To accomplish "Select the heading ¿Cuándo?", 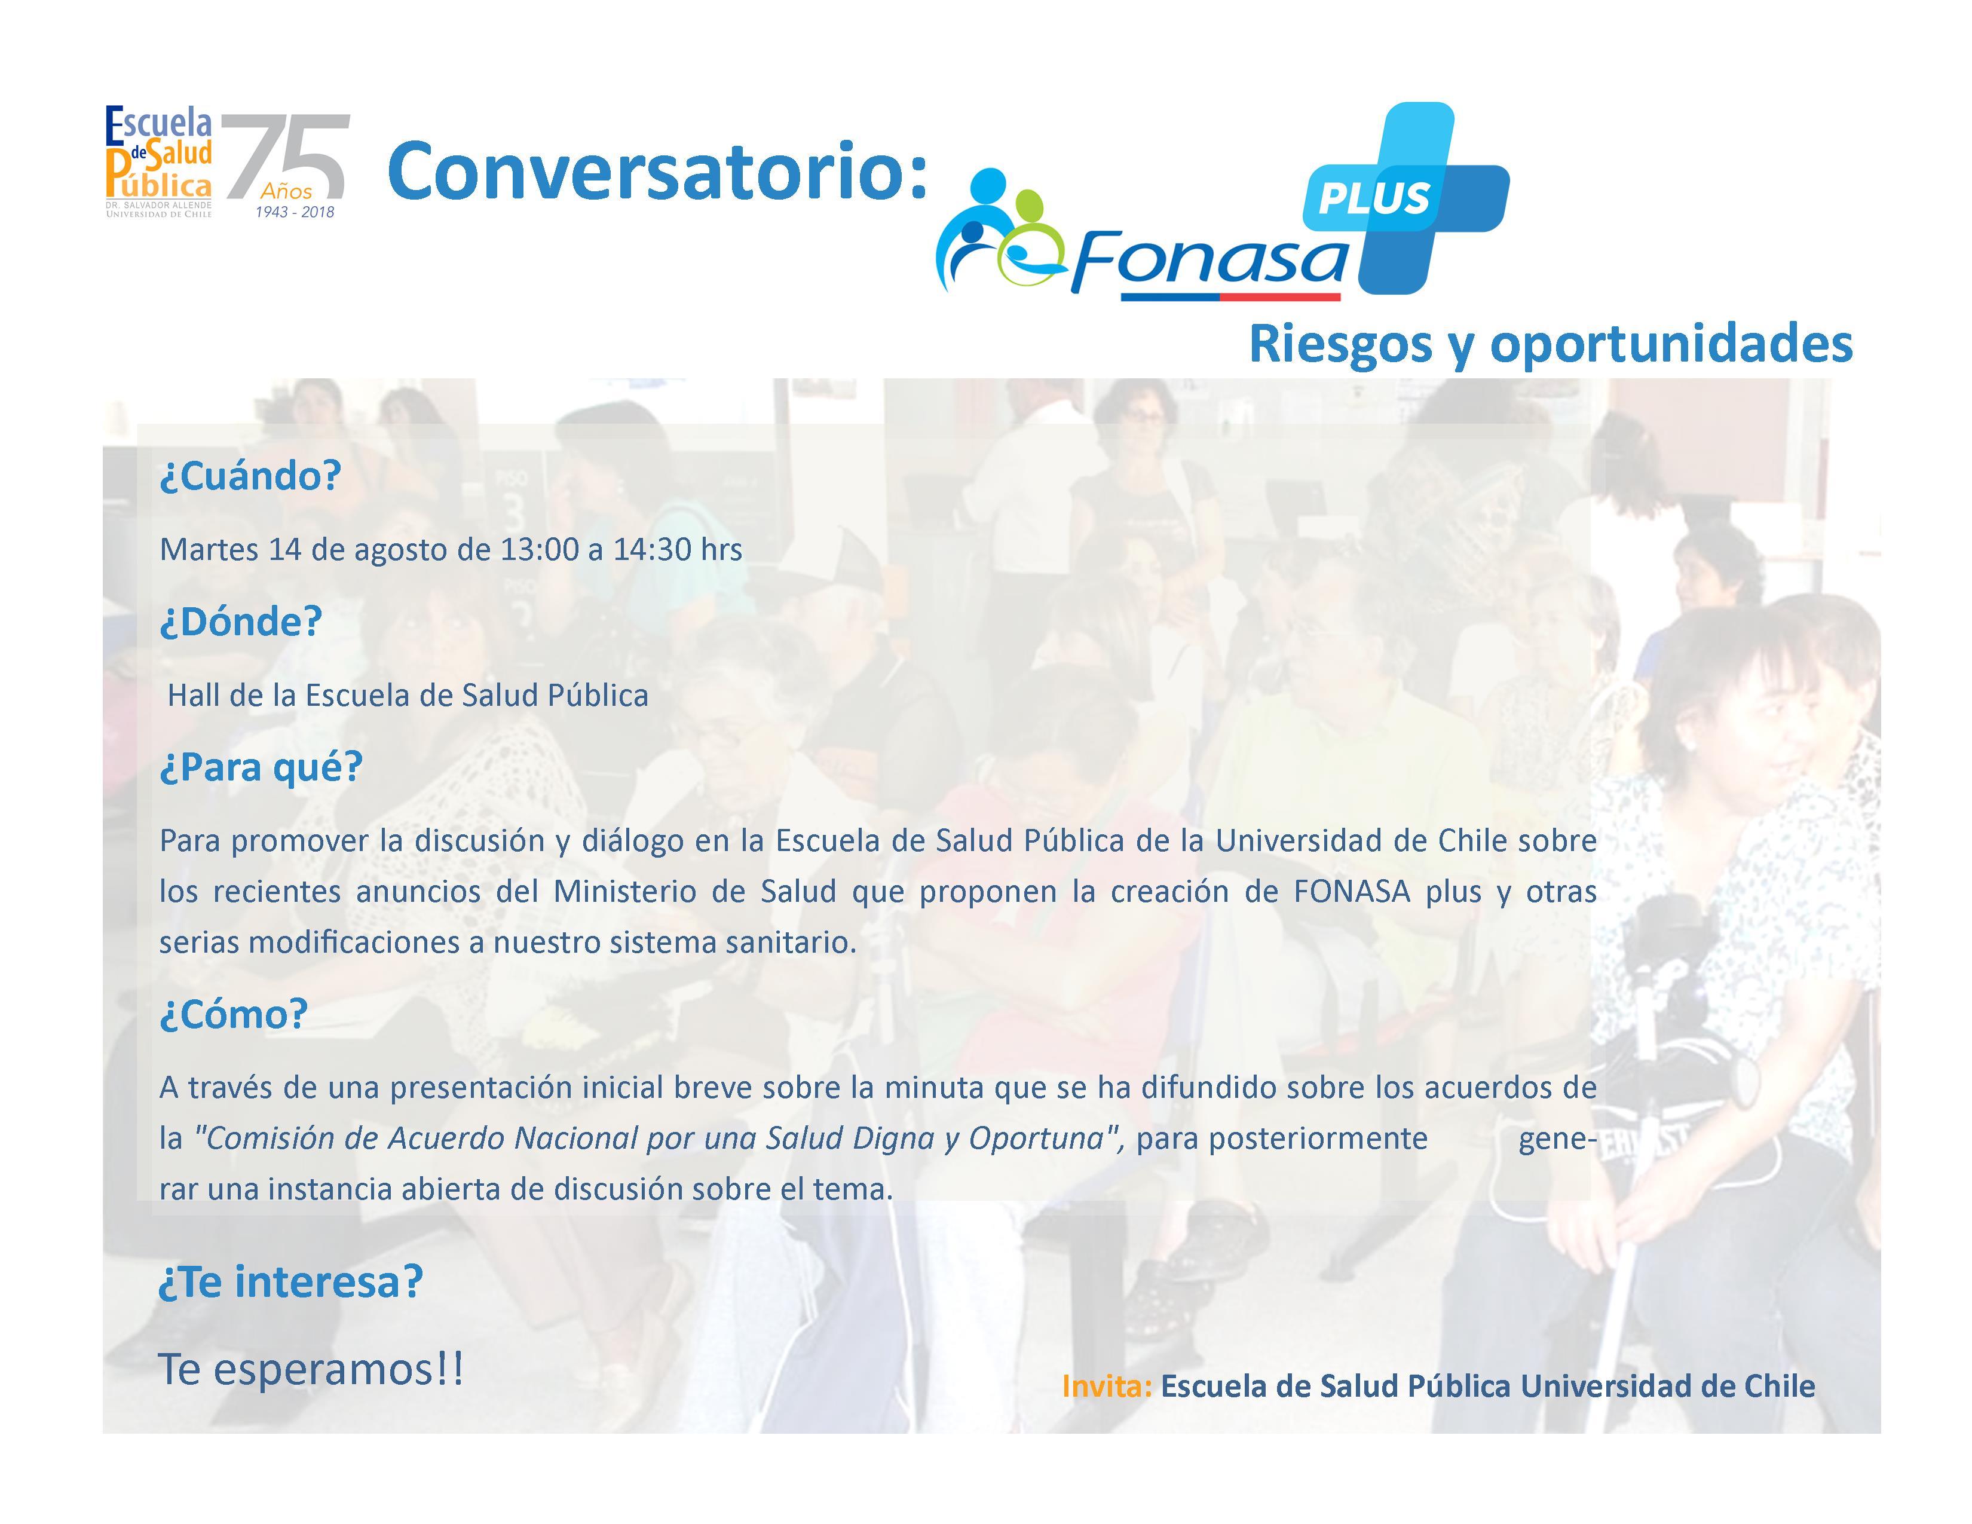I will click(x=250, y=476).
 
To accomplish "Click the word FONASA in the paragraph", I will click(x=1352, y=891).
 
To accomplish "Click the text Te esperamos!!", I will click(x=311, y=1370).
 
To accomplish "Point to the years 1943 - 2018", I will click(x=295, y=212).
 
